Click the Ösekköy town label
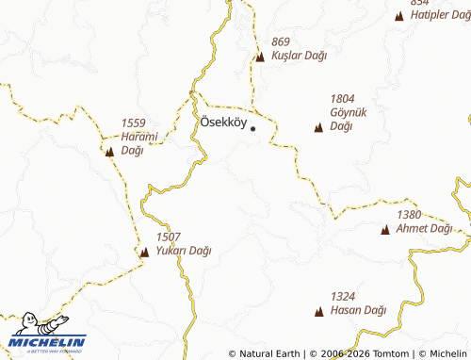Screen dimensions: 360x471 (223, 123)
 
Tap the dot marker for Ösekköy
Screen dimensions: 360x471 (252, 128)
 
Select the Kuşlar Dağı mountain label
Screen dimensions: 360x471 (299, 56)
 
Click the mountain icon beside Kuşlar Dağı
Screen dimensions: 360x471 (260, 57)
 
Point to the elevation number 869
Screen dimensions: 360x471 (281, 41)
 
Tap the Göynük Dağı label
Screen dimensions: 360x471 (341, 119)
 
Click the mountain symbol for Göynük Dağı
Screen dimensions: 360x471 (317, 127)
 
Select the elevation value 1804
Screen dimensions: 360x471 (343, 98)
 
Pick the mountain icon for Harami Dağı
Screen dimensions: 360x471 (109, 151)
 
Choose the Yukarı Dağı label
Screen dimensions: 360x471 (183, 251)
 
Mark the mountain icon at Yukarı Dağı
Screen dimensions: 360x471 (144, 252)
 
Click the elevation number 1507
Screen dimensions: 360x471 (169, 237)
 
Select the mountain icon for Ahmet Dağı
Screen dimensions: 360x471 (385, 229)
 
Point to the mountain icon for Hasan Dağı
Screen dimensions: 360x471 (317, 311)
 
